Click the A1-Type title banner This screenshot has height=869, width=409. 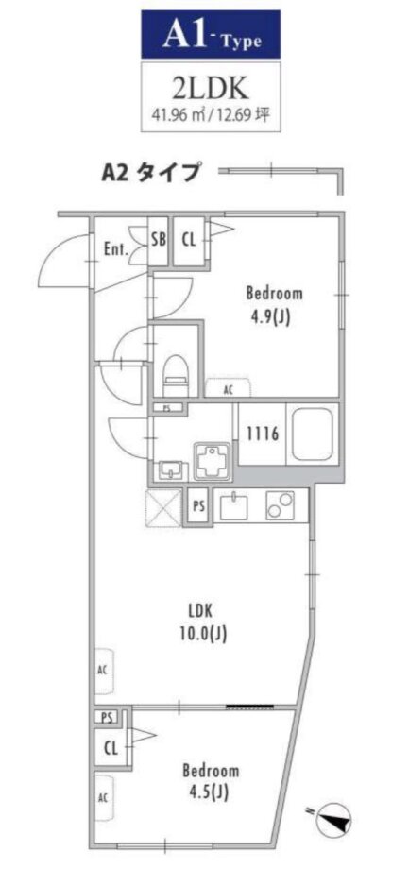210,35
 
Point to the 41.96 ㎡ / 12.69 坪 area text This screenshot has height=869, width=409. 211,115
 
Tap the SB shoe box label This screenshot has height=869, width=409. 159,241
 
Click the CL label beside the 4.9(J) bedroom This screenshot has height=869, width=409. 188,241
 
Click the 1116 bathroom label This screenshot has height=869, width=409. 263,433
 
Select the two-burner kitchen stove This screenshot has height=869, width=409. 281,506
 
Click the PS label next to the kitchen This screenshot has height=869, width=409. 198,506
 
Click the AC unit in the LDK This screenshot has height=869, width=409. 104,672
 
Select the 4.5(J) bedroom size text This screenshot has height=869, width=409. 211,793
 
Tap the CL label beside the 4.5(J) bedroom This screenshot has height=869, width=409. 111,749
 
